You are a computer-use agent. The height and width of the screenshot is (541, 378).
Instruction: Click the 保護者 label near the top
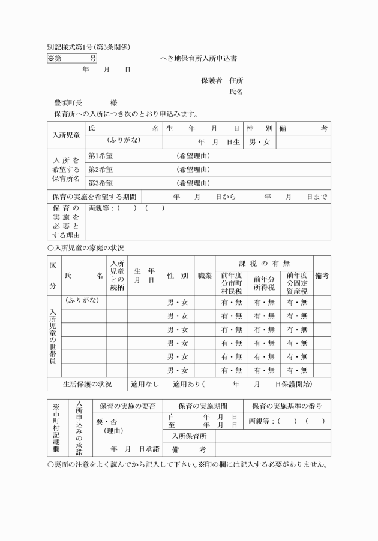(x=211, y=80)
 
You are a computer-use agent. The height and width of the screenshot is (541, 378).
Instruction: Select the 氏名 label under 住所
(x=236, y=92)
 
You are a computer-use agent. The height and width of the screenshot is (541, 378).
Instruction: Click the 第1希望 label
(x=100, y=156)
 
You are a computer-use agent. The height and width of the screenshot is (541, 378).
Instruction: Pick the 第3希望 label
(x=100, y=183)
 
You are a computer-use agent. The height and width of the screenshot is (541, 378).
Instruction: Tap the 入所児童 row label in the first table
(x=65, y=135)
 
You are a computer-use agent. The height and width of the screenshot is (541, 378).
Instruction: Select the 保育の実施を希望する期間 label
(x=93, y=197)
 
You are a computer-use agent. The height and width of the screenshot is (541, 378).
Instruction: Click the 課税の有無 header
(x=264, y=264)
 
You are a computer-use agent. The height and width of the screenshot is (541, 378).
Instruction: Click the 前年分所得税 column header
(x=264, y=282)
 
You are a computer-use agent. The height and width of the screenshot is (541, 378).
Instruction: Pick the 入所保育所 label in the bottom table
(x=188, y=436)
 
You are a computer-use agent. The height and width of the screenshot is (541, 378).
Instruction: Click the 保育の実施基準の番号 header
(x=287, y=406)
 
